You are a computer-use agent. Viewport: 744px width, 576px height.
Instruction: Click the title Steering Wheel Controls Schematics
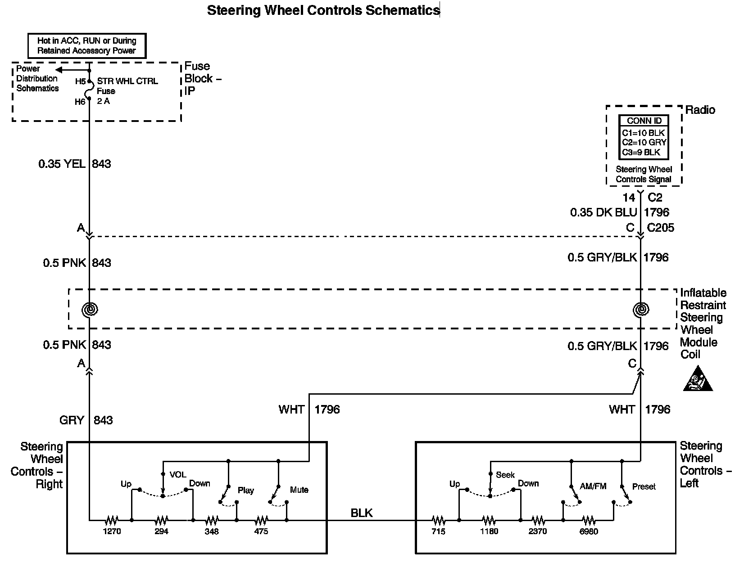tap(323, 10)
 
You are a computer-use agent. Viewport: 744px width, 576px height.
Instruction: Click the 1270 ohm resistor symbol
tap(112, 520)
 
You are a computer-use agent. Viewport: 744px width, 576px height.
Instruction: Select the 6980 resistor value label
tap(589, 531)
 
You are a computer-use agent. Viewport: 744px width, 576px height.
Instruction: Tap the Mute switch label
tap(299, 490)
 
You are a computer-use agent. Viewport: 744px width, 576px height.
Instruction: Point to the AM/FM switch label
tap(593, 486)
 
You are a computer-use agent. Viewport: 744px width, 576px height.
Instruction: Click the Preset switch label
tap(644, 486)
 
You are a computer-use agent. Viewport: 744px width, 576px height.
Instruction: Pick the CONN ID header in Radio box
tap(644, 121)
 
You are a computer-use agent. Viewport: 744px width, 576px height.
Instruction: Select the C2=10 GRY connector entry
tap(644, 142)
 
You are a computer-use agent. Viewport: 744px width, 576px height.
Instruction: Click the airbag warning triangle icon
tap(698, 378)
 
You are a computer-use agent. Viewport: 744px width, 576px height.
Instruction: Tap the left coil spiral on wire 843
tap(90, 309)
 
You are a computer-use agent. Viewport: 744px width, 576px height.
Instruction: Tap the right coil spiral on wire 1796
tap(640, 309)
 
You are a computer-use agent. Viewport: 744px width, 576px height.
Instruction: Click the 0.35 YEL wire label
tap(62, 164)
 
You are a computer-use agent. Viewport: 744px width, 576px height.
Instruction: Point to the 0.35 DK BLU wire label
tap(603, 212)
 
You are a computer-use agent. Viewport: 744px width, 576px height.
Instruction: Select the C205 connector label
tap(661, 227)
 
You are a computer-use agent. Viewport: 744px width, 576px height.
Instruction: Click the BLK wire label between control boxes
tap(362, 513)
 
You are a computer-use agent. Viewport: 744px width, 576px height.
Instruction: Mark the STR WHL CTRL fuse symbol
tap(89, 90)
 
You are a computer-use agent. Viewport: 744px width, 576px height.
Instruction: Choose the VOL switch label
tap(178, 474)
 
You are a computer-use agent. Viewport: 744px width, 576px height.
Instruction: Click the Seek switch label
tap(505, 475)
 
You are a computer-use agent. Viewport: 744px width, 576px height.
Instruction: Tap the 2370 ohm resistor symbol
tap(538, 520)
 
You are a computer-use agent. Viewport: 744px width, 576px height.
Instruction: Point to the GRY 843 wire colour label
tap(72, 420)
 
